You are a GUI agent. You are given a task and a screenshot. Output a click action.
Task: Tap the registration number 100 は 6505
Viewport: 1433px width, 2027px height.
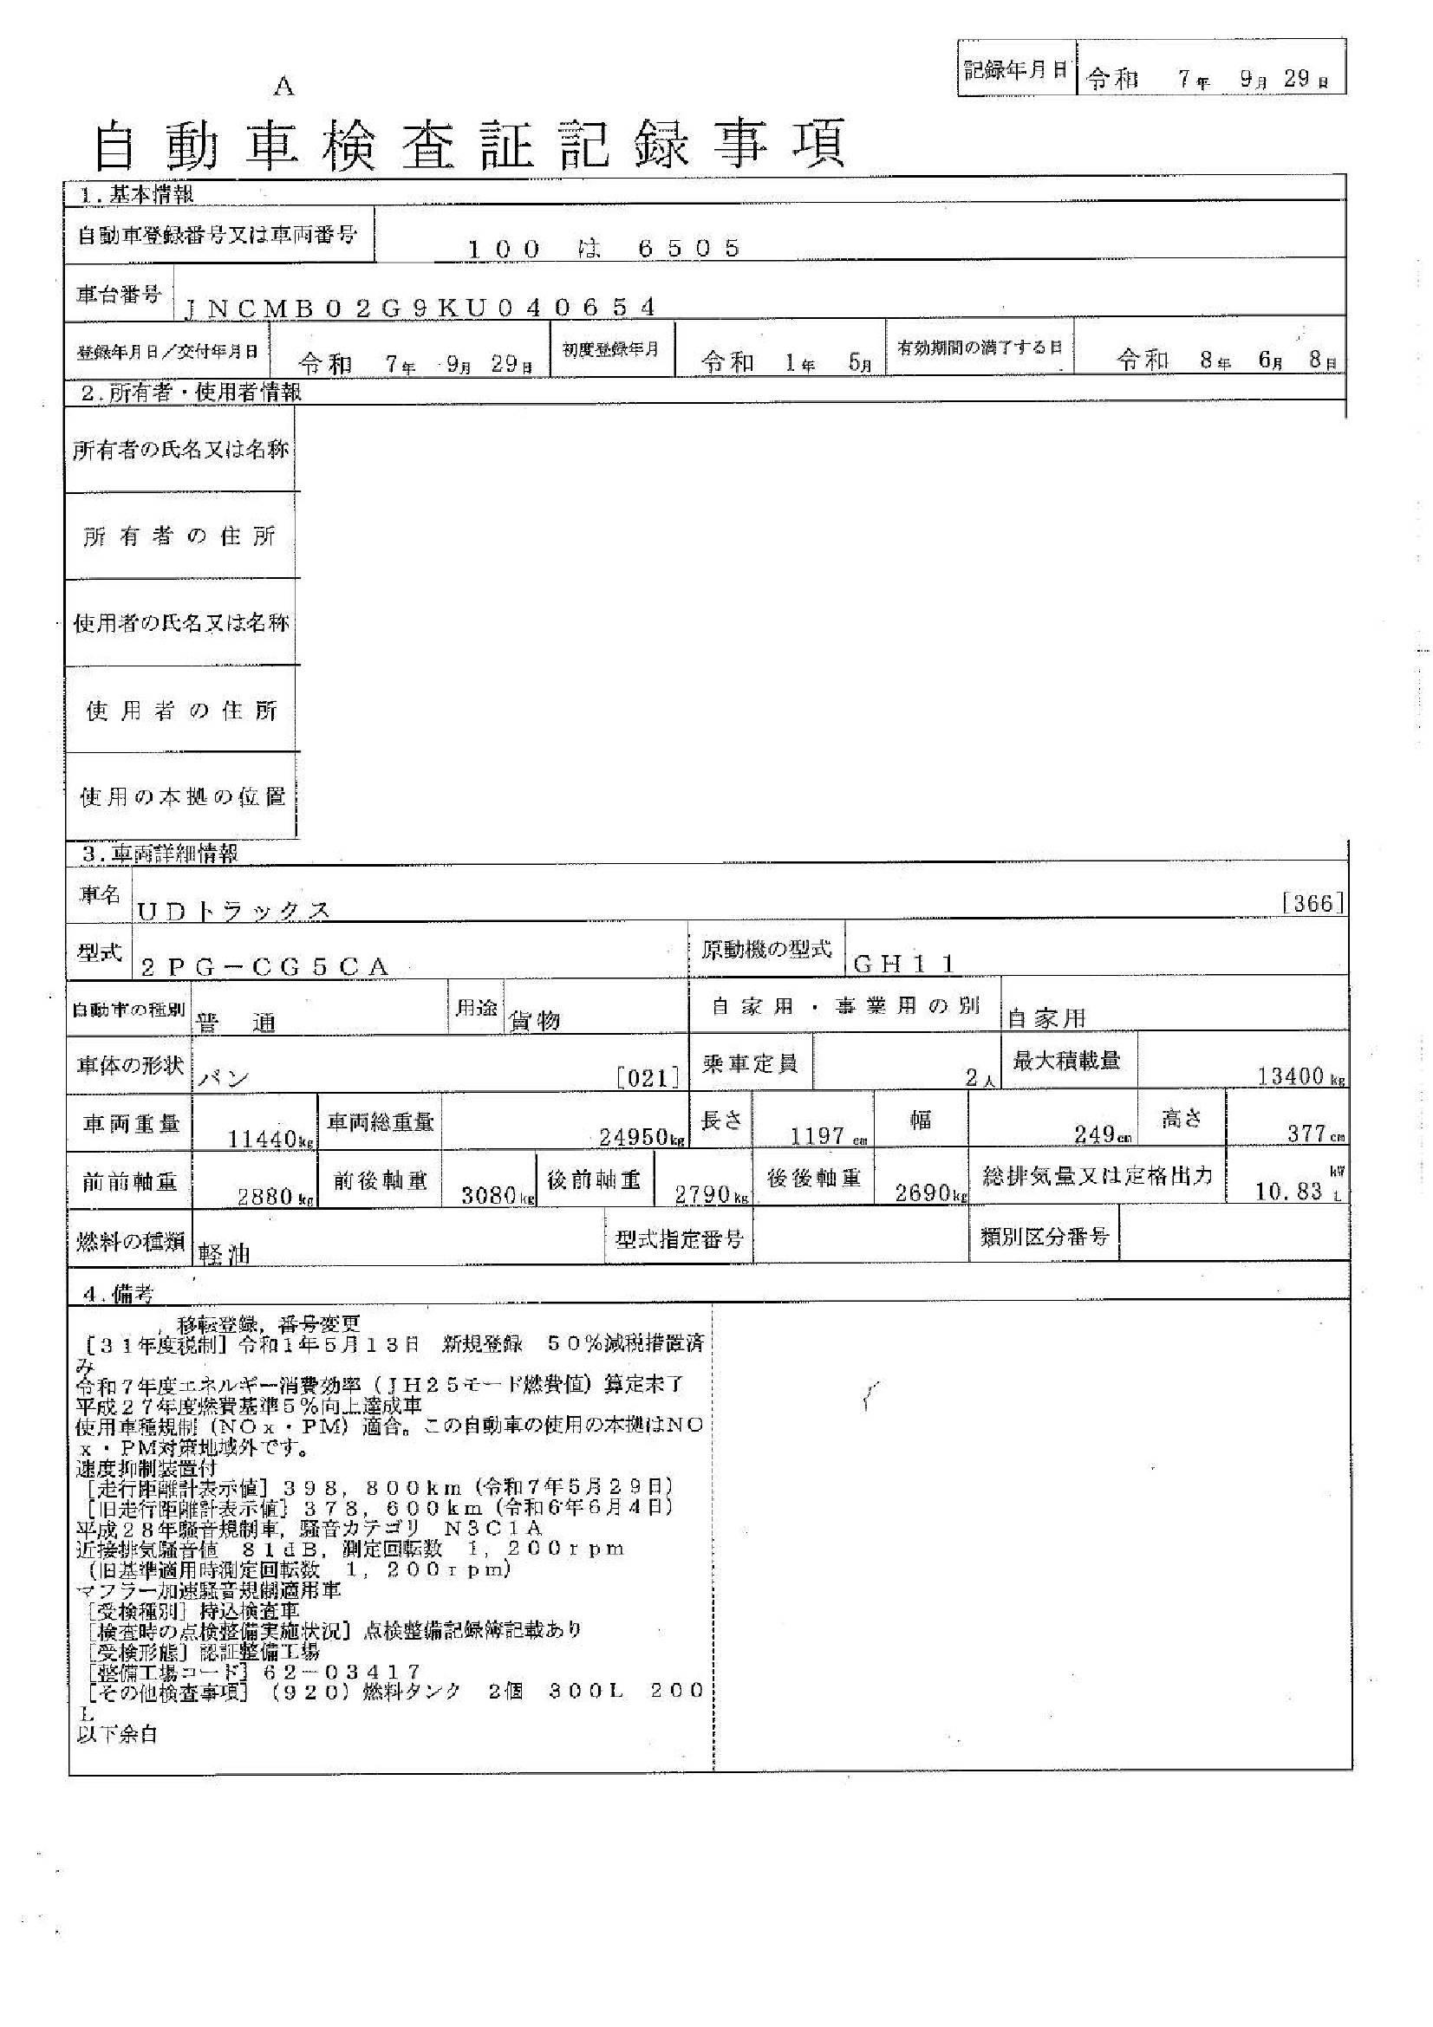(x=603, y=248)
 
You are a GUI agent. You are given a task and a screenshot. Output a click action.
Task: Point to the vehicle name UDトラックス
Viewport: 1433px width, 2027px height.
(x=233, y=911)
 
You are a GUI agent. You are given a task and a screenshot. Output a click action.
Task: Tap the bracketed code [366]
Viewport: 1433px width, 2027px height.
(x=1312, y=902)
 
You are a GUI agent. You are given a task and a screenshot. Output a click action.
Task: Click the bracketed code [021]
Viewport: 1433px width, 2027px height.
(x=648, y=1077)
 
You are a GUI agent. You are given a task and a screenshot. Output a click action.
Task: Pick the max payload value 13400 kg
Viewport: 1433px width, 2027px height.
(x=1294, y=1075)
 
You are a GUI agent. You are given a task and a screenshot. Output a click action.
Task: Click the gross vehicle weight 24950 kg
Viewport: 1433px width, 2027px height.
(x=641, y=1136)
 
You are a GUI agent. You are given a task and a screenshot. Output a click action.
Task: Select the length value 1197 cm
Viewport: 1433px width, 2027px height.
(x=818, y=1135)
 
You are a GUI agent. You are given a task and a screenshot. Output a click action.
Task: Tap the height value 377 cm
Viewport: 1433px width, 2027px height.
(x=1306, y=1134)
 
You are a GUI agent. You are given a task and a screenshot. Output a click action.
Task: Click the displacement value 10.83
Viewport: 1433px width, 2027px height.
(x=1288, y=1191)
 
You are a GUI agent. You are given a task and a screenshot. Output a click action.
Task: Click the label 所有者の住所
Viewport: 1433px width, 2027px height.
(x=180, y=536)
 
